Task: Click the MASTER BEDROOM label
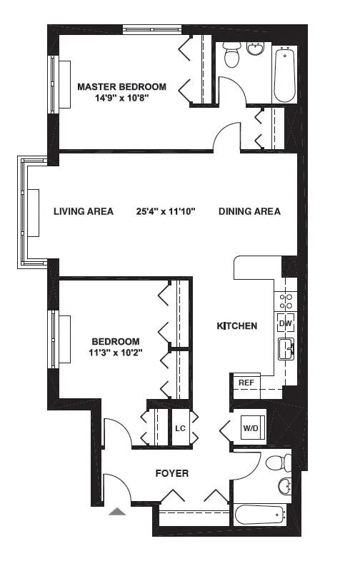coord(121,86)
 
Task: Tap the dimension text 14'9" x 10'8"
coord(121,98)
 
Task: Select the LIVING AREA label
coord(84,211)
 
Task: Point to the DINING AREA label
coord(249,211)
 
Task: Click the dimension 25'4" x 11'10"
coord(166,211)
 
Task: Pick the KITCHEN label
coord(236,326)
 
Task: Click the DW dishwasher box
coord(285,323)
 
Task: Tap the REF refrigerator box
coord(246,383)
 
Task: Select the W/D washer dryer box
coord(251,429)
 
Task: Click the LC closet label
coord(181,429)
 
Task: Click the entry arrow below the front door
coord(116,511)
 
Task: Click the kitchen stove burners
coord(285,300)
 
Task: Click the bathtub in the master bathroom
coord(284,76)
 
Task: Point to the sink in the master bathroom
coord(256,49)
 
